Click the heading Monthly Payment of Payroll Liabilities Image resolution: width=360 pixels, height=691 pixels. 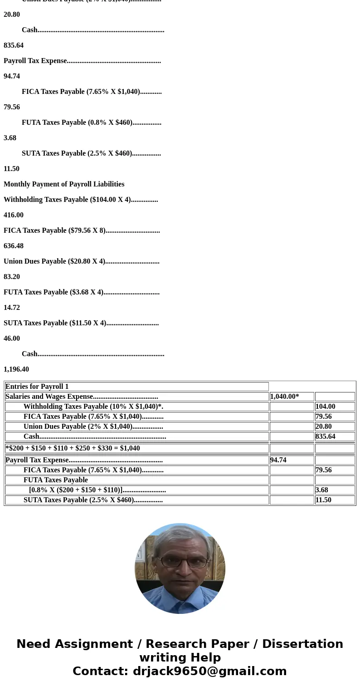pyautogui.click(x=64, y=184)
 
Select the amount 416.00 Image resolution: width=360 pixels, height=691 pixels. pyautogui.click(x=14, y=215)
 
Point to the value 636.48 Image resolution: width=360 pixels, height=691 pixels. pyautogui.click(x=14, y=246)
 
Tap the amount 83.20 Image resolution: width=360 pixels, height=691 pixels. pyautogui.click(x=12, y=277)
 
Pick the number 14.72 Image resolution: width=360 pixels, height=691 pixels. pyautogui.click(x=12, y=308)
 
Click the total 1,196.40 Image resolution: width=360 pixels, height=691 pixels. pyautogui.click(x=16, y=369)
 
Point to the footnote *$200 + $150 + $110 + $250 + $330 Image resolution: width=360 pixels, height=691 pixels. pyautogui.click(x=73, y=448)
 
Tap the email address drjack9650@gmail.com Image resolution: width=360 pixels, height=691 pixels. pyautogui.click(x=209, y=671)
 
